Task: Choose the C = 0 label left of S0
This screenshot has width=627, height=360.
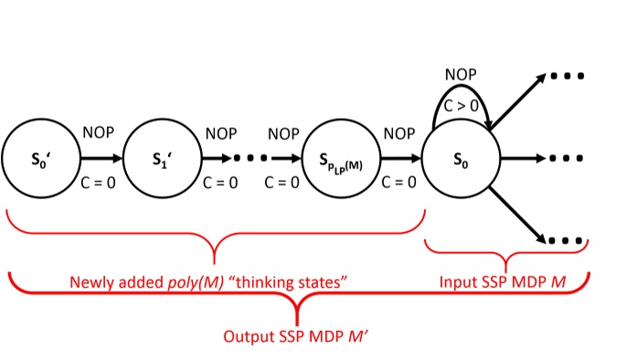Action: pos(399,182)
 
